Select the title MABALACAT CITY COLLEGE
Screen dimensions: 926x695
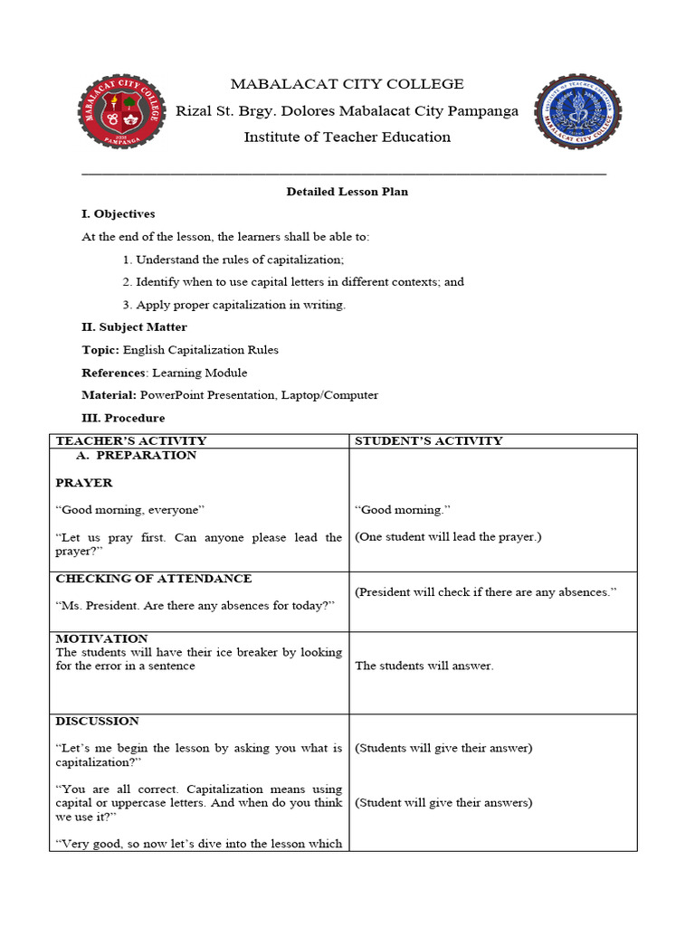(x=347, y=84)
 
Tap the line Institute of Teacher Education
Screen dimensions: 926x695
(x=347, y=137)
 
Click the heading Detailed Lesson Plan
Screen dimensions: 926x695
(x=347, y=192)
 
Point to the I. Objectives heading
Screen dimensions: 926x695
(x=119, y=214)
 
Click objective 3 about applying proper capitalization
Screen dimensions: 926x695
(x=233, y=305)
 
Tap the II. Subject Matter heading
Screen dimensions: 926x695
(x=134, y=327)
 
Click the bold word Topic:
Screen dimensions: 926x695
(x=100, y=350)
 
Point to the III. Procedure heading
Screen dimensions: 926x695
(x=123, y=418)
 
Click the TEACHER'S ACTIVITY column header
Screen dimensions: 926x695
(x=131, y=441)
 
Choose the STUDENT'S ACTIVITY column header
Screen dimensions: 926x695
(x=428, y=441)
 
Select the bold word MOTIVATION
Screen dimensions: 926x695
(x=101, y=638)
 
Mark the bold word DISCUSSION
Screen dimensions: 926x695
(x=98, y=721)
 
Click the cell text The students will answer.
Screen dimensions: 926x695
(x=424, y=666)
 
